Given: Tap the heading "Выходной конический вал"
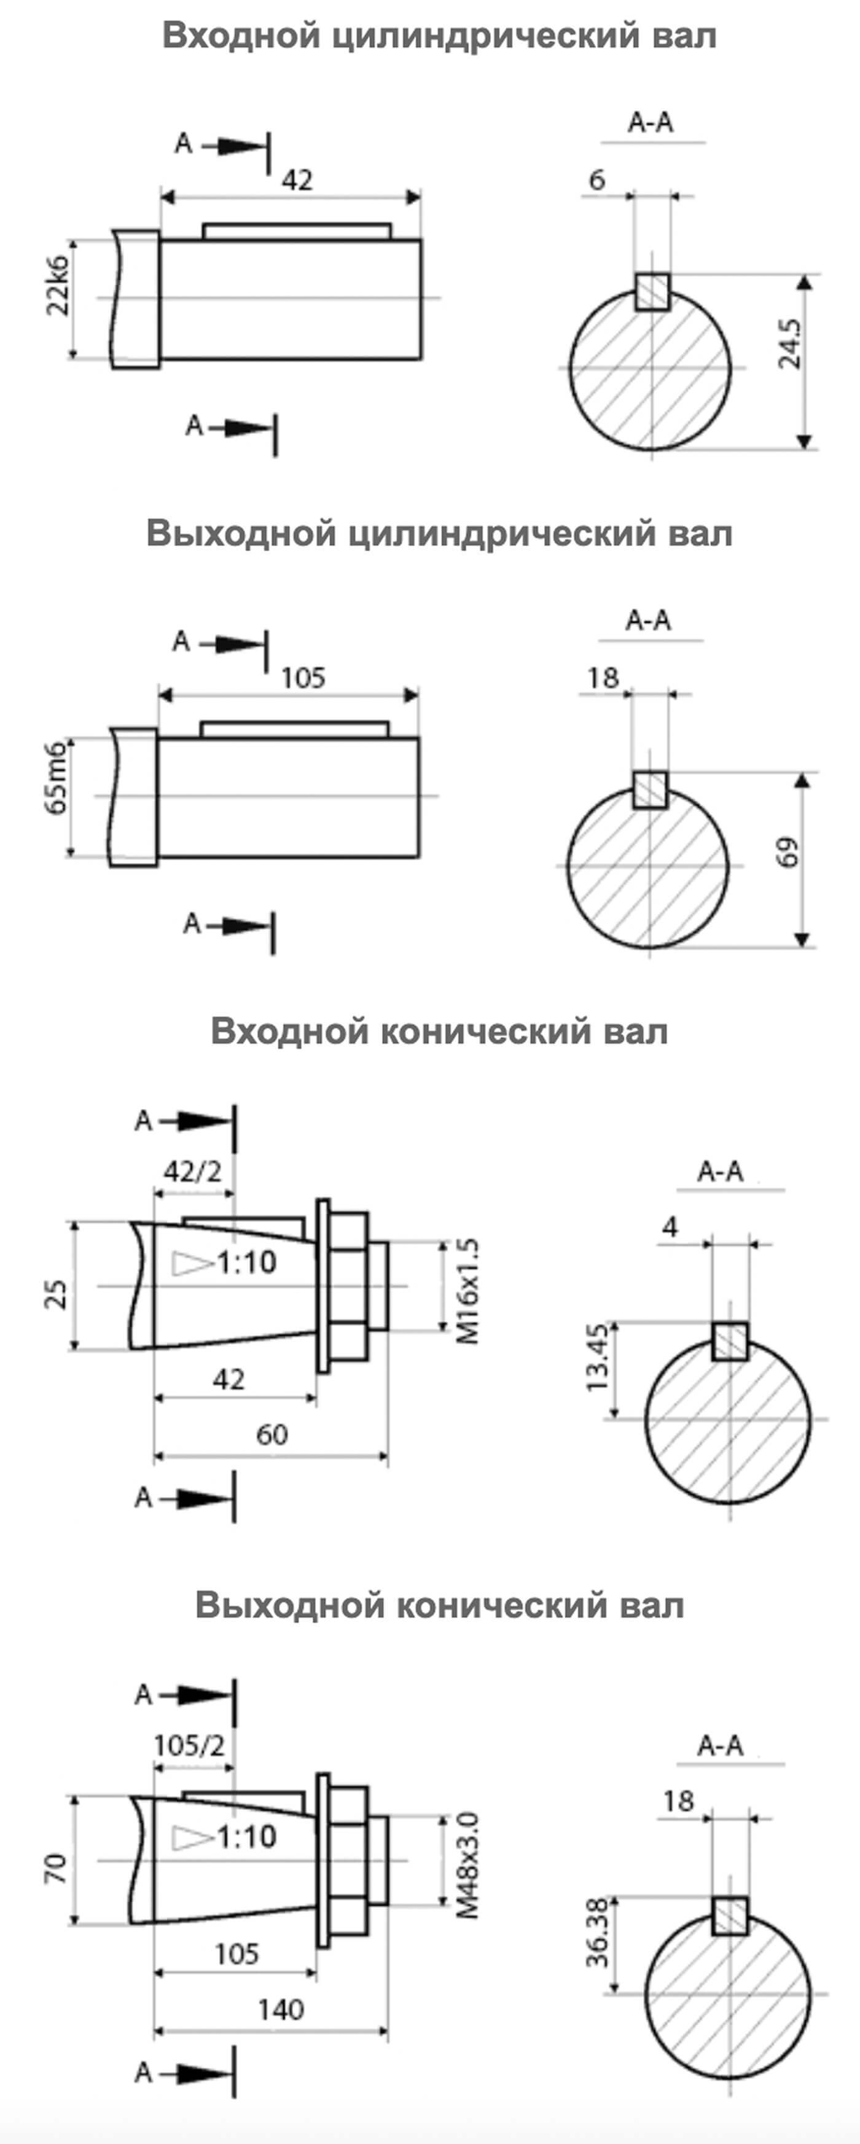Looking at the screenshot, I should [x=439, y=1605].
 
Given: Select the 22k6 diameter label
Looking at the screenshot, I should [x=58, y=284].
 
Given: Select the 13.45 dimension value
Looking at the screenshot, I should [x=598, y=1356].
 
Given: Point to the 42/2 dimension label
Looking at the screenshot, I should [x=192, y=1172].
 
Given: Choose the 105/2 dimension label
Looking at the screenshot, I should [x=190, y=1745].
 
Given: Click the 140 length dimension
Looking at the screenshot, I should [x=281, y=2009].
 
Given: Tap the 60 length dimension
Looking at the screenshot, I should [x=272, y=1434].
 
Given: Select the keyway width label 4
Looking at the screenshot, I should [x=670, y=1227].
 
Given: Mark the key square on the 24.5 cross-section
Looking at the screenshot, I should [x=652, y=292].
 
